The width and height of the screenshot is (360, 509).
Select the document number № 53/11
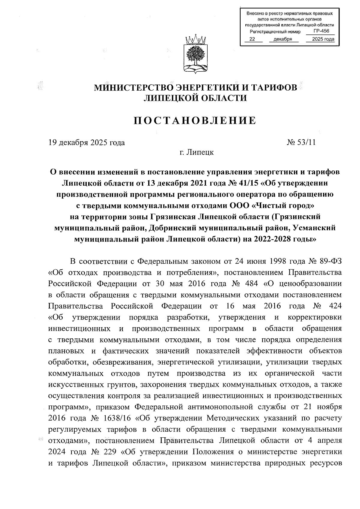301,142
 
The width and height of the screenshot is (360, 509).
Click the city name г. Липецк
196,152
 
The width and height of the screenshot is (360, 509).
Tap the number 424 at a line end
335,306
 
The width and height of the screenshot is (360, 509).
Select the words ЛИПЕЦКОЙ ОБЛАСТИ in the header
195,98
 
